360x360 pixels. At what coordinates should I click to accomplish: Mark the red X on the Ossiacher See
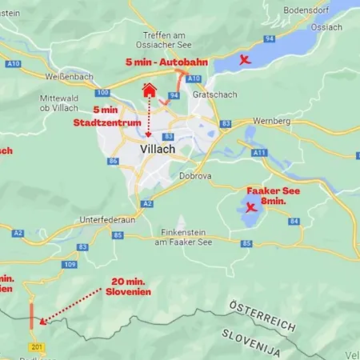click(245, 60)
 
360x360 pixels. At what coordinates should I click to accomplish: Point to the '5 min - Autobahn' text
click(162, 62)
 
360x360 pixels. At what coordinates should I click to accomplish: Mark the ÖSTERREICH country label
click(264, 316)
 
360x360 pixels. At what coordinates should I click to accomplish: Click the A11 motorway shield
click(258, 152)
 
